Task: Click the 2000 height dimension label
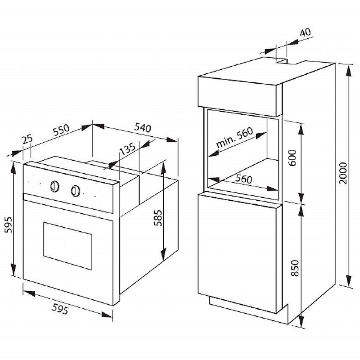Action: coord(343,173)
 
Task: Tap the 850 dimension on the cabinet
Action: coord(295,268)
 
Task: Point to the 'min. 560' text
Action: coord(234,137)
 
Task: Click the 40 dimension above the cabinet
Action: coord(306,32)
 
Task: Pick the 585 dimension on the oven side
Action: coord(158,218)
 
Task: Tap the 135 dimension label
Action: coord(128,149)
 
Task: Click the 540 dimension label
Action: coord(143,127)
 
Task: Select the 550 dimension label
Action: coord(61,130)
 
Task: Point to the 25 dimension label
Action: coord(27,139)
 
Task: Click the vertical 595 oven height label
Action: coord(9,225)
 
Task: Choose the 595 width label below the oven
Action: coord(60,309)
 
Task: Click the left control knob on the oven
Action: coord(55,186)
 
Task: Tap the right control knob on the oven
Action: coord(75,190)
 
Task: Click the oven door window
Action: coord(67,246)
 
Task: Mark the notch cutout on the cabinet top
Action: coord(286,61)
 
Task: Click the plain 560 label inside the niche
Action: coord(243,179)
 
